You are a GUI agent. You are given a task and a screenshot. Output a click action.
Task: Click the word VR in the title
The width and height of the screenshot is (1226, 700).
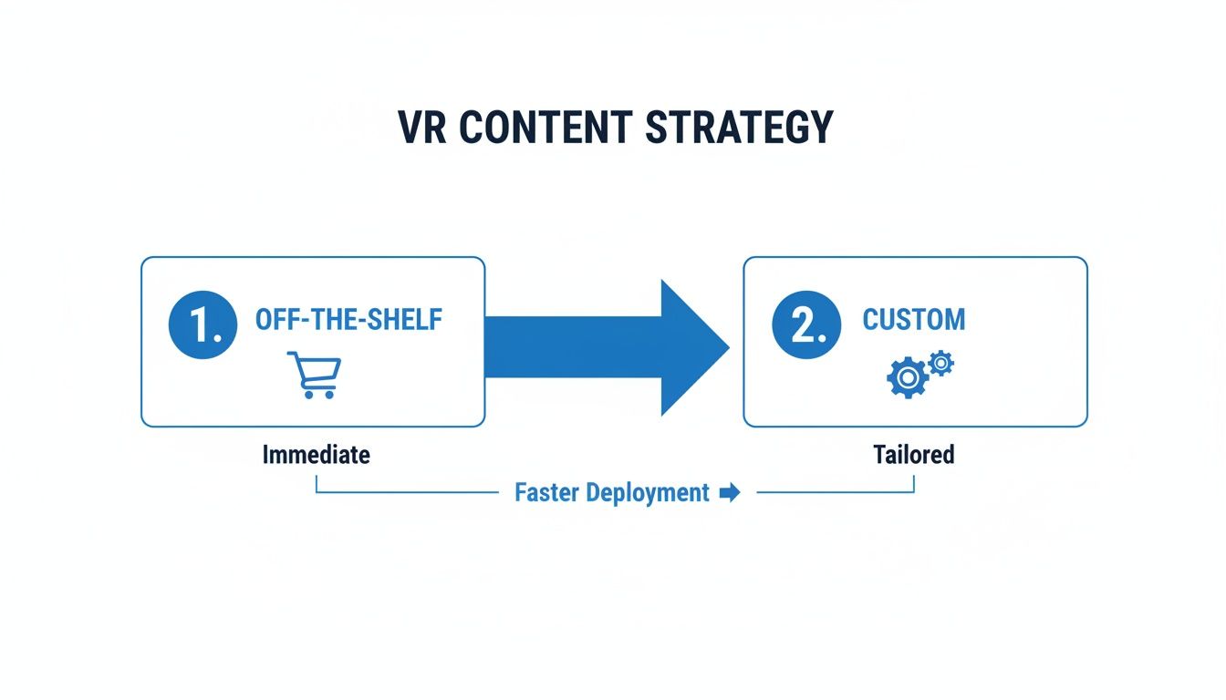[422, 128]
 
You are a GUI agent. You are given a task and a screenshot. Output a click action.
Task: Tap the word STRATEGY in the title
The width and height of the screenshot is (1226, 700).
[739, 128]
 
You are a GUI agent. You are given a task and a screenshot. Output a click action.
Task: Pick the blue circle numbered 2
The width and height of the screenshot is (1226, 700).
[805, 326]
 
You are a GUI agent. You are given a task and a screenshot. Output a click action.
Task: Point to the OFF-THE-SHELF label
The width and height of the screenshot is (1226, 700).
[348, 320]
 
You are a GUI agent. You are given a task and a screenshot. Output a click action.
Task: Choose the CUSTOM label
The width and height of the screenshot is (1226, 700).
[913, 320]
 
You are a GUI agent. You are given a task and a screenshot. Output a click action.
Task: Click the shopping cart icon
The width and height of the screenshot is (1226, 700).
[315, 375]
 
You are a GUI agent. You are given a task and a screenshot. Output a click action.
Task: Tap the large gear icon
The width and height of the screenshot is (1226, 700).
[907, 377]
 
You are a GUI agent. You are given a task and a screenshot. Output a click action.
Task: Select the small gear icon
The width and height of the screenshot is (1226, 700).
[940, 364]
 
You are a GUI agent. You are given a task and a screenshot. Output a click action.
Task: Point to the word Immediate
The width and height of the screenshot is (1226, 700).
[317, 454]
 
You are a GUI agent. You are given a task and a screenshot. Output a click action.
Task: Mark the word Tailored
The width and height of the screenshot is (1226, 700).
[913, 454]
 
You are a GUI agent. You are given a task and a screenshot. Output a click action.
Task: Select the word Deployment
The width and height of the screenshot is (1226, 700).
[648, 493]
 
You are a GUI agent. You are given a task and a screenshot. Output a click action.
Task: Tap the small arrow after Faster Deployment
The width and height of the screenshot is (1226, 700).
[729, 493]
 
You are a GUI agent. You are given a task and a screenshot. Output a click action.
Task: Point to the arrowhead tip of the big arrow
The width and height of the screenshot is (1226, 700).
[728, 347]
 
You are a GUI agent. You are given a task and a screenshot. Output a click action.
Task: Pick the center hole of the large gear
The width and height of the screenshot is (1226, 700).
[907, 377]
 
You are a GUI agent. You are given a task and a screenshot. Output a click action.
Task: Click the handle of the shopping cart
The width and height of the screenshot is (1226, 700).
[293, 355]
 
